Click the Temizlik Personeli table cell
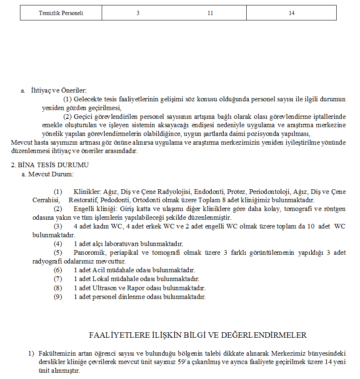61,13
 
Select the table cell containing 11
210,13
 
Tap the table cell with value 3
138,13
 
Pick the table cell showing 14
291,13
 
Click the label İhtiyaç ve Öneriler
59,90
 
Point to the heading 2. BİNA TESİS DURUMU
50,165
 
